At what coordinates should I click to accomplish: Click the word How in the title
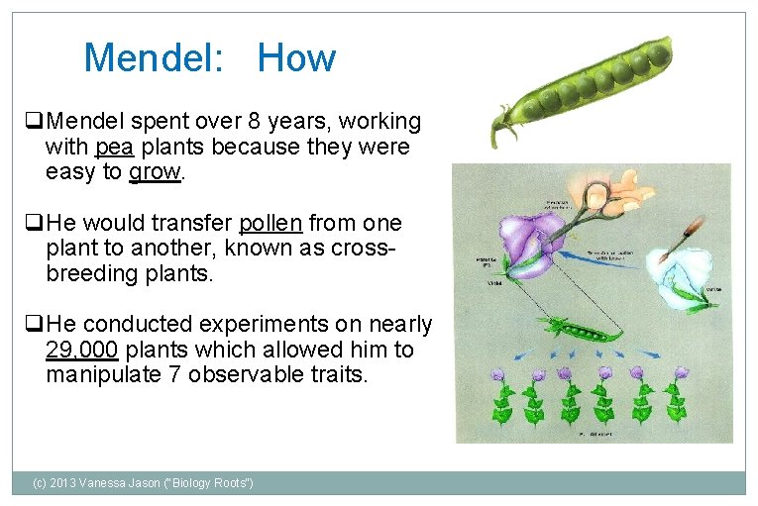coord(296,58)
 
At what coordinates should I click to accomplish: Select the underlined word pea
coord(114,148)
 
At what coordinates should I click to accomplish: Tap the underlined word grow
coord(155,172)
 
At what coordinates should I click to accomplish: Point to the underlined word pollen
coord(271,223)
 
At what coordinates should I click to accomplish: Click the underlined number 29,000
coord(82,350)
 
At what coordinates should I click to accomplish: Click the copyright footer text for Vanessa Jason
coord(143,482)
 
